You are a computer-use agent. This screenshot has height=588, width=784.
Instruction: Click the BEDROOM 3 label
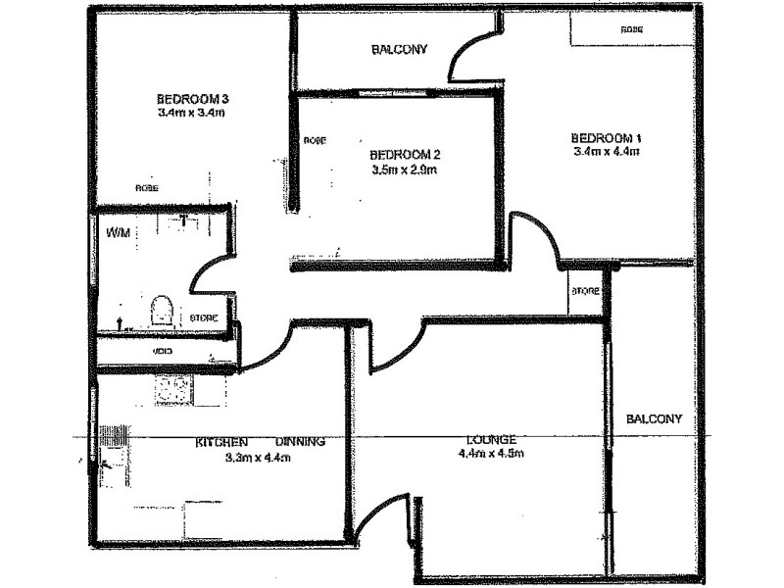point(192,99)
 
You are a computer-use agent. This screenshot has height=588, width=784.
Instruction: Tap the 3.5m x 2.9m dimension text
point(404,170)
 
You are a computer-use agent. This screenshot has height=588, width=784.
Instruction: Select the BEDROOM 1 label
point(607,137)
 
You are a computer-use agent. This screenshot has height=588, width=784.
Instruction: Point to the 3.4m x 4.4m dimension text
point(607,151)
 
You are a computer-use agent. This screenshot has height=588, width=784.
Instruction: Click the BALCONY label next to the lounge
point(654,418)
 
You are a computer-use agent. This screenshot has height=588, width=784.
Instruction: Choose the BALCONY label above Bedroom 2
point(399,50)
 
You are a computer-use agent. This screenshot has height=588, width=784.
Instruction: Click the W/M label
point(118,233)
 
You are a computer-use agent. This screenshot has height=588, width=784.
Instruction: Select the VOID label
point(163,351)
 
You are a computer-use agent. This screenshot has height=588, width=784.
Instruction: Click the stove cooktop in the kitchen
point(174,390)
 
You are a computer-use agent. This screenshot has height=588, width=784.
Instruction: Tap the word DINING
point(300,442)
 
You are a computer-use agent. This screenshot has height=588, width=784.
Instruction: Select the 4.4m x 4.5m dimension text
point(492,454)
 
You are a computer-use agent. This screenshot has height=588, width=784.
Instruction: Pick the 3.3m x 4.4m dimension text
point(259,456)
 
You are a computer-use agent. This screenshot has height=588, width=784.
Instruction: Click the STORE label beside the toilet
point(204,318)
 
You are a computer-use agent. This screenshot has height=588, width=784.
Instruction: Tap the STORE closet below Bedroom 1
point(585,291)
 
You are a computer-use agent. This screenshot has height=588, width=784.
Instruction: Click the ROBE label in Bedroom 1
point(632,30)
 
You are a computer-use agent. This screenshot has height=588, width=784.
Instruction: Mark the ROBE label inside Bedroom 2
point(314,141)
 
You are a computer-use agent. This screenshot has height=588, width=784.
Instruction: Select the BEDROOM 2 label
point(406,155)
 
